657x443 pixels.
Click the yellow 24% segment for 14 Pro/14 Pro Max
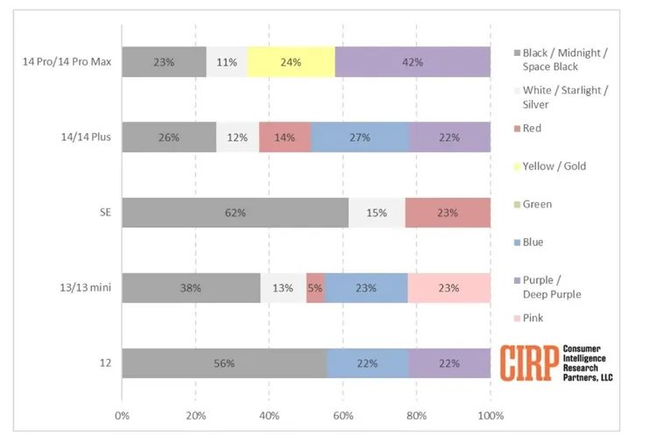pyautogui.click(x=291, y=62)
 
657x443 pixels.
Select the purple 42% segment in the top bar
pyautogui.click(x=413, y=62)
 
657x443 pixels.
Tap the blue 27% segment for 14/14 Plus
pyautogui.click(x=360, y=137)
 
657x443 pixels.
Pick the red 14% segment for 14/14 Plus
pyautogui.click(x=286, y=137)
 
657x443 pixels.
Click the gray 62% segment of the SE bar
pyautogui.click(x=235, y=213)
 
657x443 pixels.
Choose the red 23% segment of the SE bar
pyautogui.click(x=448, y=213)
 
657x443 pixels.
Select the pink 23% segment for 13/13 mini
pyautogui.click(x=449, y=288)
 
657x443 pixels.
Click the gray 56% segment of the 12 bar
pyautogui.click(x=224, y=363)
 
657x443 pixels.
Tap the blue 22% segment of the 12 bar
pyautogui.click(x=368, y=363)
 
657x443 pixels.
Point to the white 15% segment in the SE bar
pyautogui.click(x=377, y=213)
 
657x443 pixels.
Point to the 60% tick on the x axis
pyautogui.click(x=343, y=414)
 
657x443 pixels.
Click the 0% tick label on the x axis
pyautogui.click(x=122, y=414)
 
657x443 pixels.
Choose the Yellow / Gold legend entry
pyautogui.click(x=554, y=166)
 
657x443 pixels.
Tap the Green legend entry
pyautogui.click(x=536, y=204)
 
